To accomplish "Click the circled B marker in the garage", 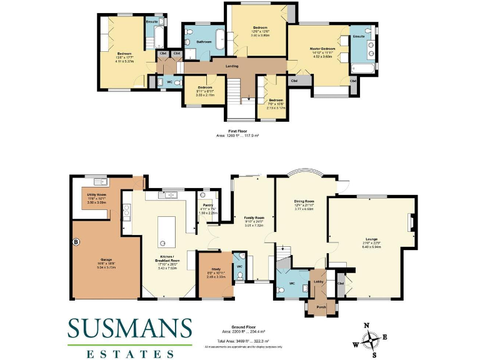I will [x=76, y=241].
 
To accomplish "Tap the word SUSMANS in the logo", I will [x=130, y=328].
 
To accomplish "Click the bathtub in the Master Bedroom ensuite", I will [x=361, y=69].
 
